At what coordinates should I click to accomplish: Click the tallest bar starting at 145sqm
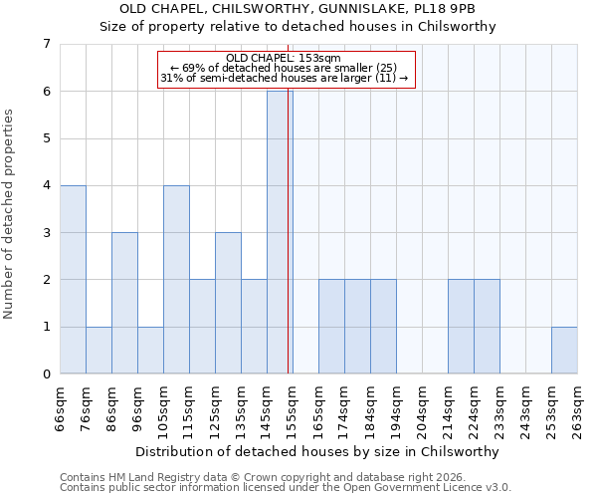(x=280, y=232)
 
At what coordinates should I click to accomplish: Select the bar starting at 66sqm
(x=73, y=280)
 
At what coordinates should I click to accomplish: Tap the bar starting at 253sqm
(x=564, y=351)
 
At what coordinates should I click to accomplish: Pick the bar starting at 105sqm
(x=176, y=280)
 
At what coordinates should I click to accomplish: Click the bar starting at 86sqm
(x=124, y=304)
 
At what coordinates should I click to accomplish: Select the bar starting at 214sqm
(x=461, y=328)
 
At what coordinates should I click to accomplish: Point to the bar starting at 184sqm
(x=383, y=328)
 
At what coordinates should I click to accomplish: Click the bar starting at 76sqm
(x=99, y=351)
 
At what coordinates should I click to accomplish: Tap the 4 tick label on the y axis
(x=46, y=185)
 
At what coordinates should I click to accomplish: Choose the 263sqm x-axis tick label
(x=577, y=409)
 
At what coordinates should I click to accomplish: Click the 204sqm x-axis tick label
(x=422, y=409)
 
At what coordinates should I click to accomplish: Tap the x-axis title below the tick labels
(x=318, y=451)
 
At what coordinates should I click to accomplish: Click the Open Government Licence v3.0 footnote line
(x=286, y=488)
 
